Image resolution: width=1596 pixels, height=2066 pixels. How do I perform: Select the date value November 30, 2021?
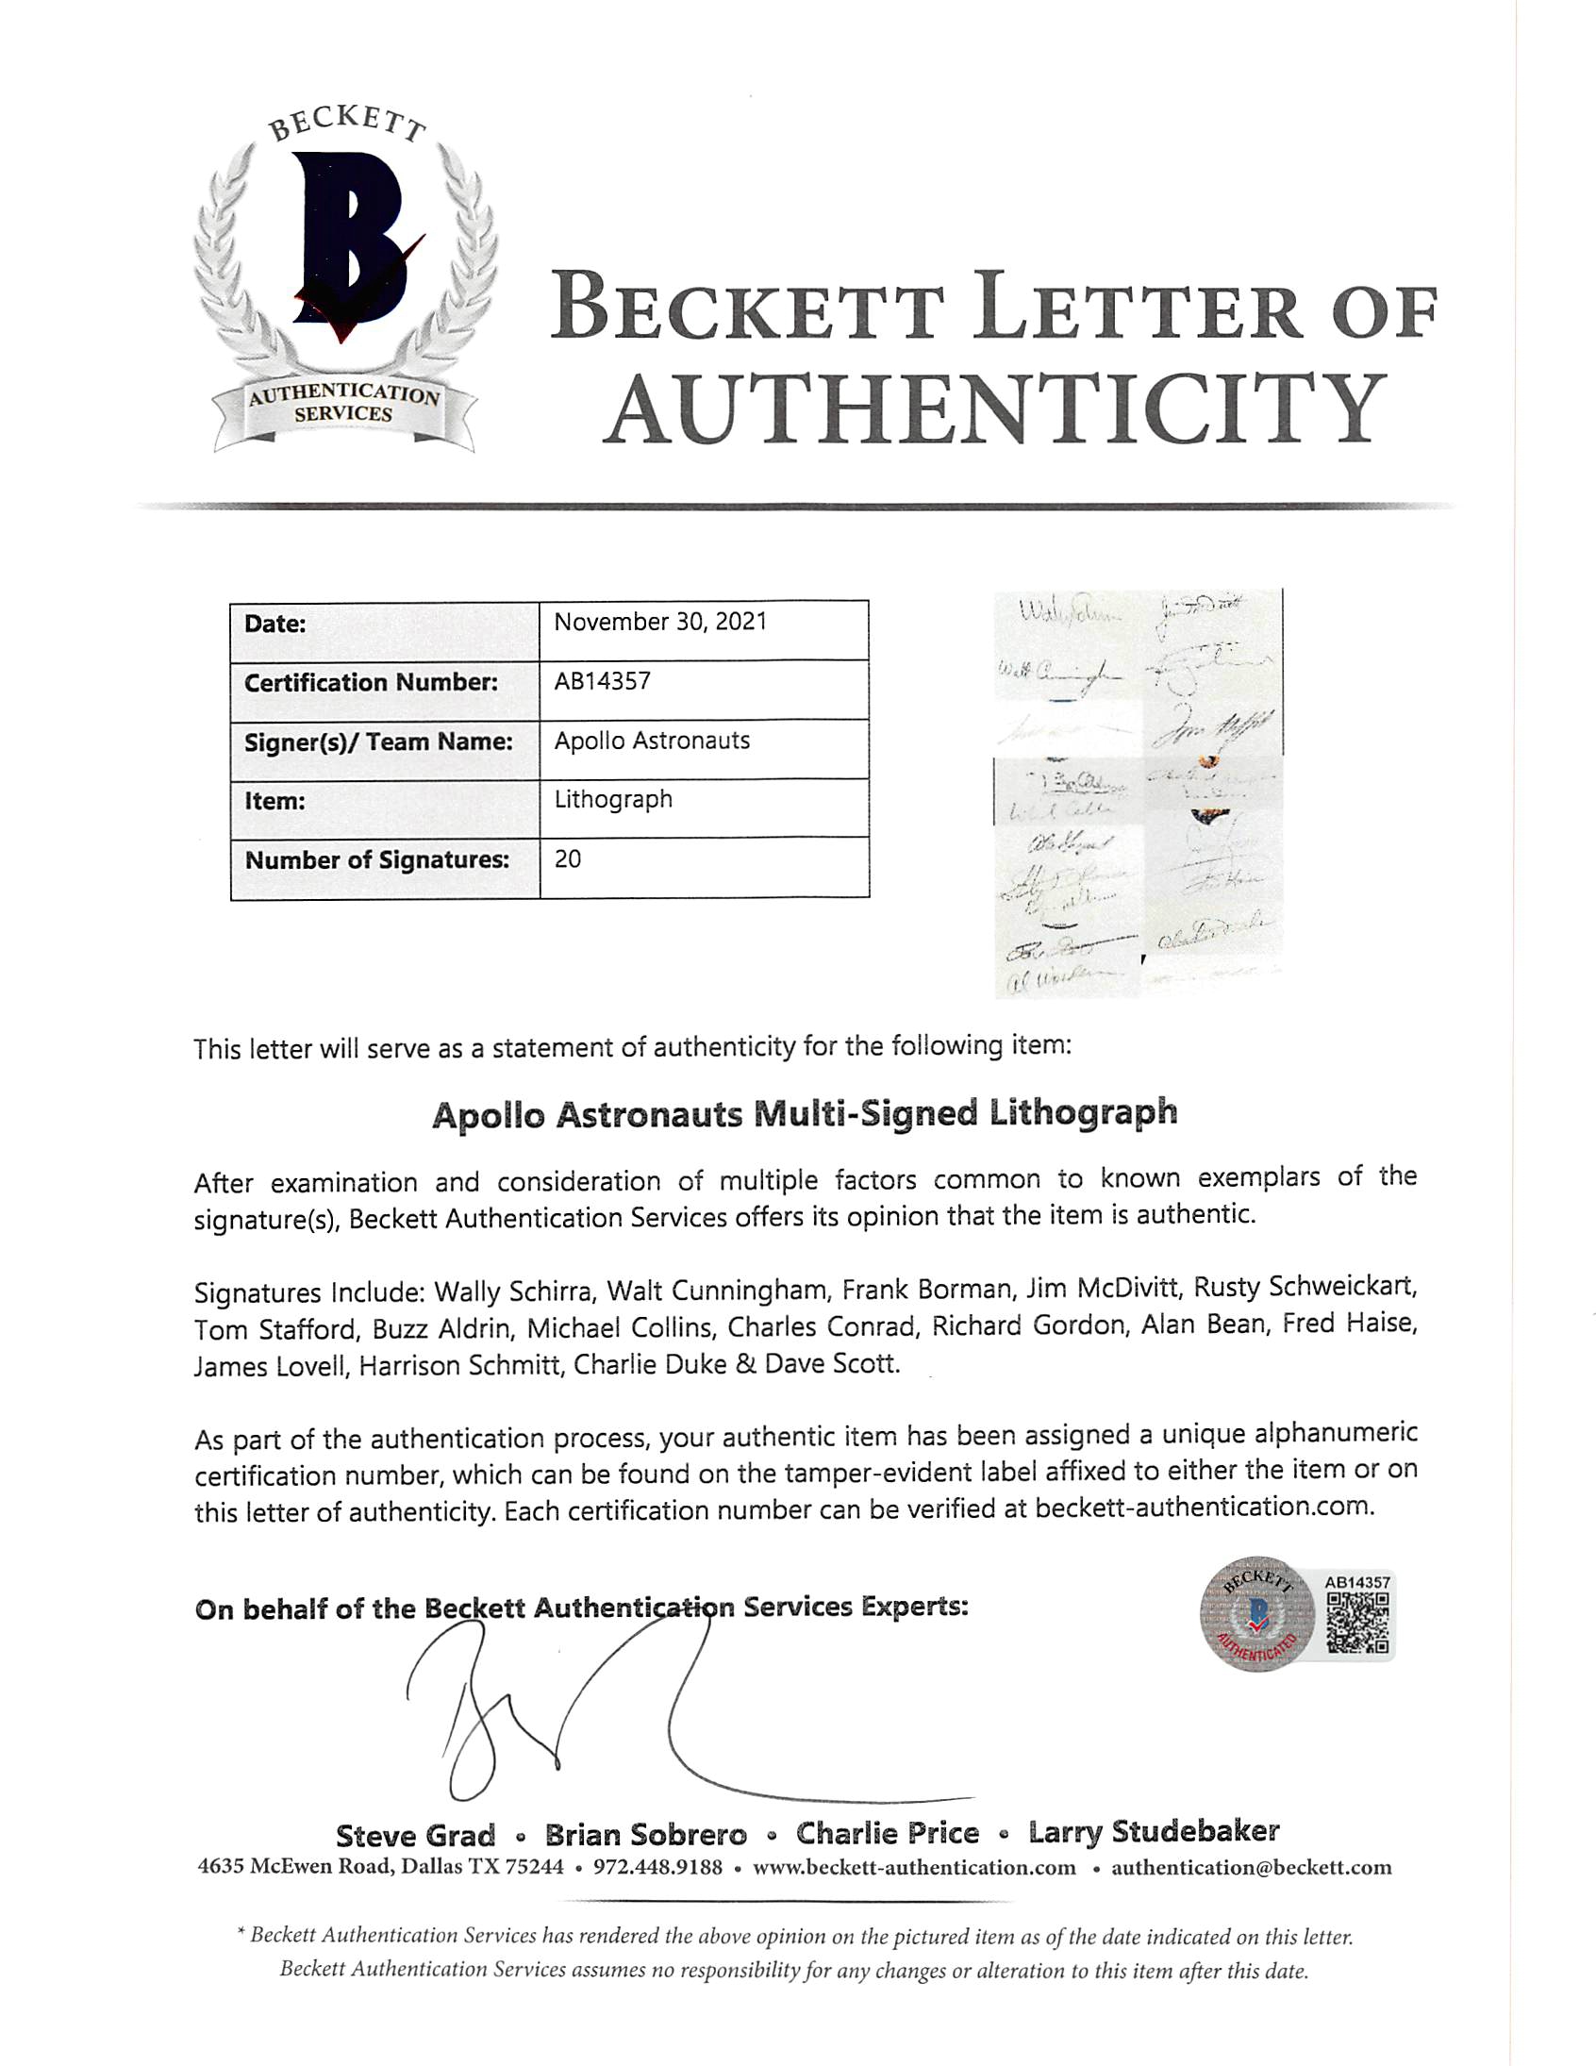659,623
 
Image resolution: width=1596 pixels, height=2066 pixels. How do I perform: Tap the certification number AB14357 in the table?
602,681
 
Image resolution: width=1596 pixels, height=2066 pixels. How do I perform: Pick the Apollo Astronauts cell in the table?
651,741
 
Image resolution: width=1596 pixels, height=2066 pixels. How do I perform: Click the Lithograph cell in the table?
613,799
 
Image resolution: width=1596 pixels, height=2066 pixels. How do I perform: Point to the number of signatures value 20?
568,858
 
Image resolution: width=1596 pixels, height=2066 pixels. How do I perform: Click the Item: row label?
274,801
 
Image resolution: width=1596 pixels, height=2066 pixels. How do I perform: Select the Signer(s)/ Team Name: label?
378,741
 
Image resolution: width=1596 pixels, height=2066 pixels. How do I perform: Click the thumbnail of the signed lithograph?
1139,792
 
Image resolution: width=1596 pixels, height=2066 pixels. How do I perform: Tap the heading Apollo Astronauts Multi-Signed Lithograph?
805,1113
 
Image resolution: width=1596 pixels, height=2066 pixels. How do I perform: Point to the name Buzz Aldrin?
441,1329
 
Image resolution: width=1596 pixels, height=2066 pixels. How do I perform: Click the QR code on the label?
1357,1624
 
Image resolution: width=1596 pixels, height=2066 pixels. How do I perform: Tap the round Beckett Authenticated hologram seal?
1256,1615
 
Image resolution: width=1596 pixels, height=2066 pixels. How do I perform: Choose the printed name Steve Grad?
415,1836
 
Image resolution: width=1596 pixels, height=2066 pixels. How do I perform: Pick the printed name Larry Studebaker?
1154,1832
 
